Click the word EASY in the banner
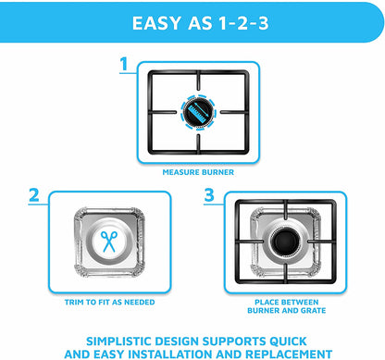[156, 23]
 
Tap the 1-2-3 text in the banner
[243, 23]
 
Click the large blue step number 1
[124, 64]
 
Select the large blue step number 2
[34, 195]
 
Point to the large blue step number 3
[209, 195]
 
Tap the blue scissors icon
[109, 242]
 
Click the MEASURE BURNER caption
[198, 172]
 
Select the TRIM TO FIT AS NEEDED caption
[109, 303]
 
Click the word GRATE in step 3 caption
[313, 311]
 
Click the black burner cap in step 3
[284, 241]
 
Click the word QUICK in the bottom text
[288, 341]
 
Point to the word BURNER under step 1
[217, 172]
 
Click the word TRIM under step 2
[73, 303]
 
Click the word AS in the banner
[200, 23]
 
